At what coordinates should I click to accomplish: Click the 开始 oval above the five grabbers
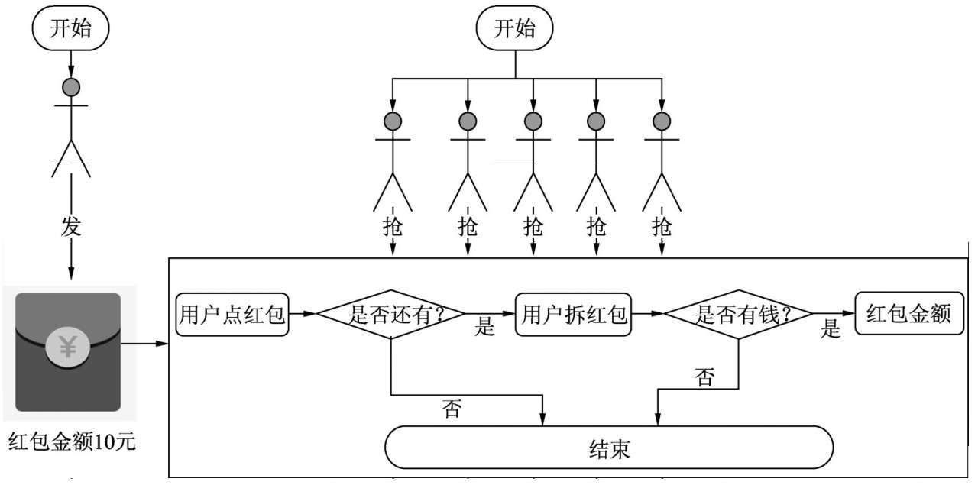(x=515, y=29)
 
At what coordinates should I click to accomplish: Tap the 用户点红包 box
(x=232, y=313)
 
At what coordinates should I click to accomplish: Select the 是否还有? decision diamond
(x=391, y=313)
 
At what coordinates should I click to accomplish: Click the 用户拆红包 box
(x=574, y=313)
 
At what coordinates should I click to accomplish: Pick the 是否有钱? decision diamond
(x=738, y=313)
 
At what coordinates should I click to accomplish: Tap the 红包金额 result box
(x=909, y=312)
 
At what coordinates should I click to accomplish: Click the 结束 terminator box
(x=609, y=448)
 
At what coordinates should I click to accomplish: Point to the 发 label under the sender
(x=70, y=228)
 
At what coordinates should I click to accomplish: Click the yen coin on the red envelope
(x=68, y=348)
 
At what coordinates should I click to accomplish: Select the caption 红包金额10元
(x=73, y=442)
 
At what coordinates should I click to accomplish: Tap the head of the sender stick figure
(x=71, y=87)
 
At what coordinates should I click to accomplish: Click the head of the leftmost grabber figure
(x=393, y=121)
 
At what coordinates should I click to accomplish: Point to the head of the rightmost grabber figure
(x=662, y=121)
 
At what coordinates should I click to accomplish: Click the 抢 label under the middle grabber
(x=533, y=227)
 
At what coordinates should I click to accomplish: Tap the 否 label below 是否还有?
(x=452, y=409)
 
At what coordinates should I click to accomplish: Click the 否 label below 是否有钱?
(x=704, y=377)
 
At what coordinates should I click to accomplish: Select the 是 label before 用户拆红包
(x=485, y=328)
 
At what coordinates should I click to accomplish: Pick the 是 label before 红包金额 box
(x=831, y=329)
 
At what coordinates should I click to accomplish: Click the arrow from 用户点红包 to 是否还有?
(x=303, y=313)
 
